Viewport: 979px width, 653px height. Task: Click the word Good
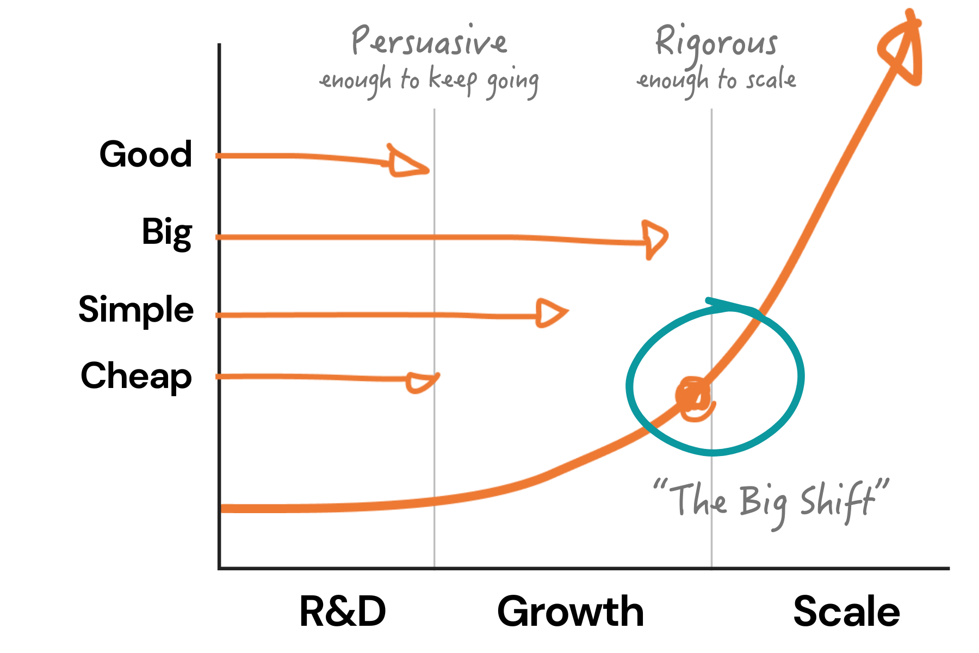(x=146, y=155)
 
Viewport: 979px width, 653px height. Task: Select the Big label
(x=167, y=233)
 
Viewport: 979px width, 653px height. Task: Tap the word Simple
(x=136, y=310)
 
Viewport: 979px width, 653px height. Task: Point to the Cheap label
(x=136, y=376)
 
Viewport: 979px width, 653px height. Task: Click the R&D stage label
(x=343, y=612)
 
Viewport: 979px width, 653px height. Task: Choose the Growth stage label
(x=571, y=612)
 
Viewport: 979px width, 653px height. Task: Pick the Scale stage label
(x=846, y=612)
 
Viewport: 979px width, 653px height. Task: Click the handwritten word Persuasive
(x=429, y=41)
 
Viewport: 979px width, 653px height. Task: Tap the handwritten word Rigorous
(x=716, y=42)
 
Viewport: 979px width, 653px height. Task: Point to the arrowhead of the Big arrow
(x=654, y=238)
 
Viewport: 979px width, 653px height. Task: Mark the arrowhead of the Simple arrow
(x=550, y=313)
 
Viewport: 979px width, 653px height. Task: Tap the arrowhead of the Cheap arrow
(x=422, y=381)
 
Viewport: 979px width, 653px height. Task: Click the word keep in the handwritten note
(x=453, y=81)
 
